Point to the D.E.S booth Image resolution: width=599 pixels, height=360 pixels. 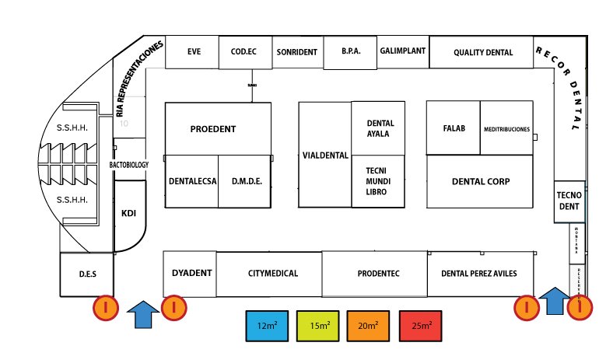click(87, 274)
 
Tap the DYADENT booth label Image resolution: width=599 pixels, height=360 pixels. click(191, 273)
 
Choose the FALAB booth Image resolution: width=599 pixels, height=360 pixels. click(454, 128)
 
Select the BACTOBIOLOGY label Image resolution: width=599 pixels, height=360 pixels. click(129, 165)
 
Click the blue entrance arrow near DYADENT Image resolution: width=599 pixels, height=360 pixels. click(141, 313)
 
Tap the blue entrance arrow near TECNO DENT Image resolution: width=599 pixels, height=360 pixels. click(554, 301)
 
